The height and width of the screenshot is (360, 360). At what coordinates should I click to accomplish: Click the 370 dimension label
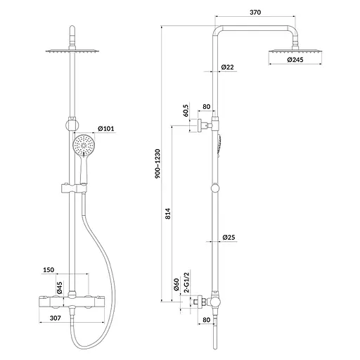pyautogui.click(x=255, y=12)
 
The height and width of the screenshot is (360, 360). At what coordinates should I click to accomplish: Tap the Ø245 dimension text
pyautogui.click(x=295, y=60)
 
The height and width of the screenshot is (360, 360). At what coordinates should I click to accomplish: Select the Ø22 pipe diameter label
pyautogui.click(x=227, y=67)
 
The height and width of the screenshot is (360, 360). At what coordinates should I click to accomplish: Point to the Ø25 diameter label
pyautogui.click(x=229, y=237)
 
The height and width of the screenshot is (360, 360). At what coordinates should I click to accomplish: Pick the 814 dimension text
pyautogui.click(x=168, y=214)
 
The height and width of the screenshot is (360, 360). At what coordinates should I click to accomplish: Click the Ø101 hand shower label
pyautogui.click(x=106, y=129)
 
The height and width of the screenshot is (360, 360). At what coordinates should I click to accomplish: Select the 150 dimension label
pyautogui.click(x=49, y=270)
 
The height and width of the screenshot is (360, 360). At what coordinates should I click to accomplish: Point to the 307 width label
pyautogui.click(x=56, y=318)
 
